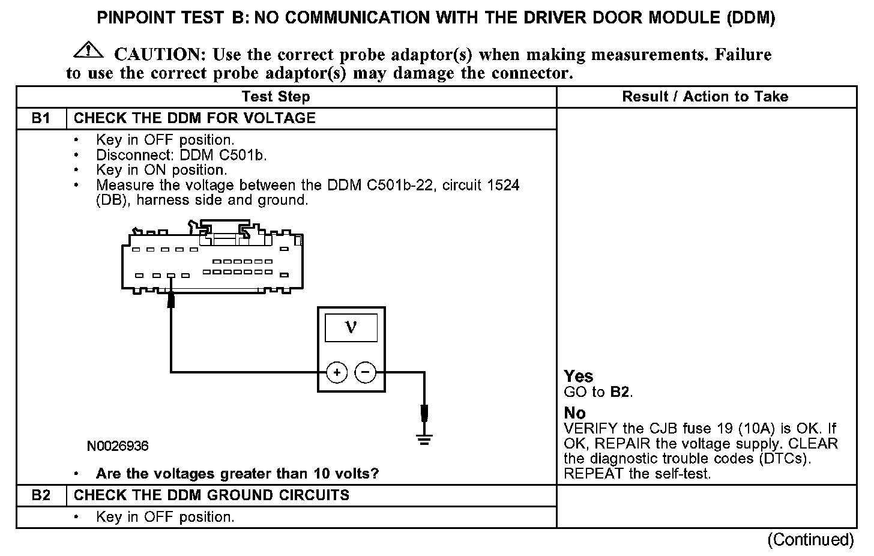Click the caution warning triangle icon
pos(88,51)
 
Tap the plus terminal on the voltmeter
pos(337,373)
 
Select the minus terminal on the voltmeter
pos(366,373)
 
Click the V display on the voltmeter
pos(351,328)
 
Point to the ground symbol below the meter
pos(424,440)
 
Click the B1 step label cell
pos(41,118)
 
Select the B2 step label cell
pos(41,495)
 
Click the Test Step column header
pos(276,97)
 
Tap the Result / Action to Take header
pos(705,97)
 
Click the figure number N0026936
pos(118,446)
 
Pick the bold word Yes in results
pos(579,376)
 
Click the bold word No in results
pos(574,413)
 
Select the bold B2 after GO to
pos(620,393)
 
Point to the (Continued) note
pos(810,540)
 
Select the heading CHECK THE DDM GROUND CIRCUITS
pos(211,495)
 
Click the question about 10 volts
pos(237,474)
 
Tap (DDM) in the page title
pos(750,18)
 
